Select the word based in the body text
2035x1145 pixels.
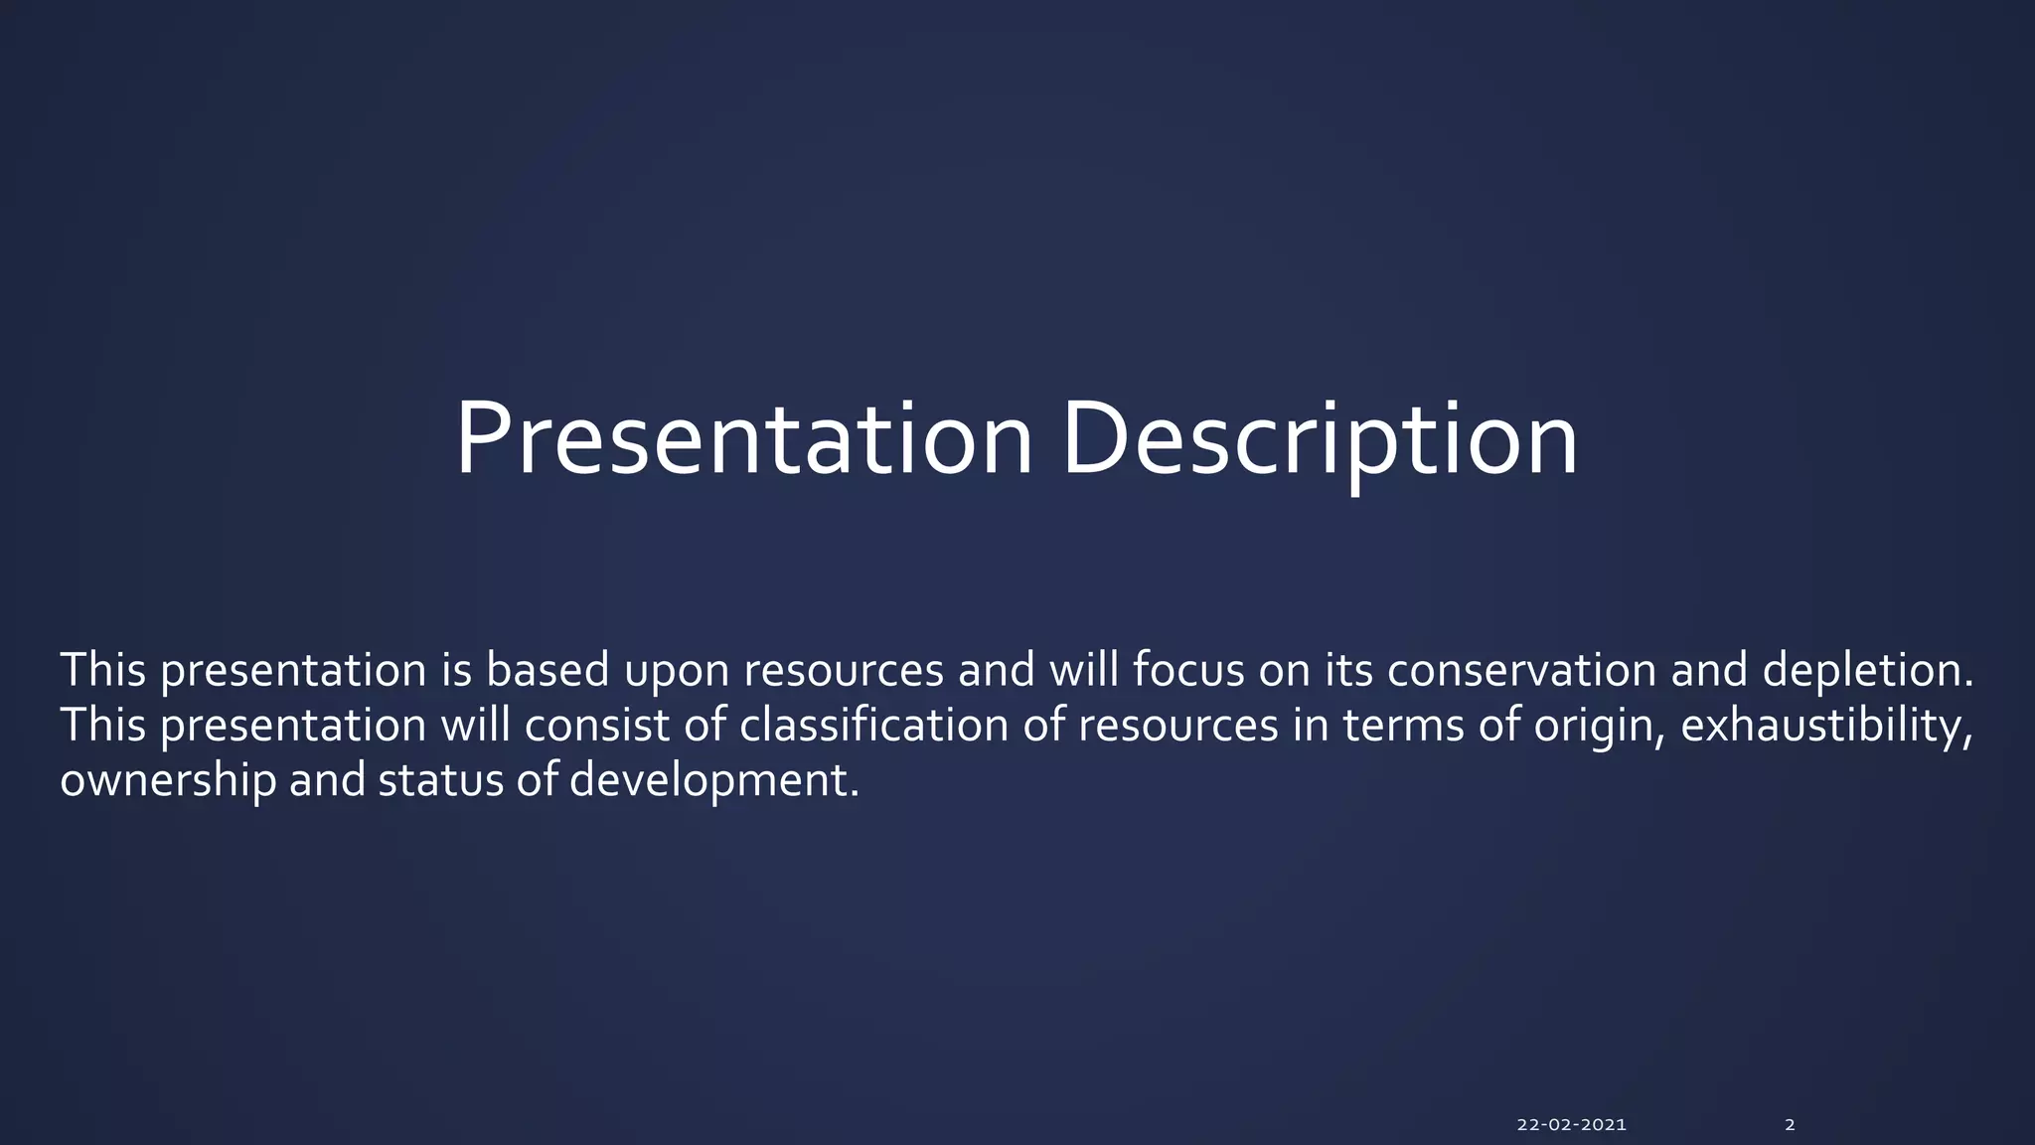(x=548, y=669)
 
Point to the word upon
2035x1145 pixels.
(x=677, y=674)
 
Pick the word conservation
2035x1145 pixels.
(x=1522, y=671)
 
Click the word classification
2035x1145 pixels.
(x=874, y=725)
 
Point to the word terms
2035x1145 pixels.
(x=1403, y=727)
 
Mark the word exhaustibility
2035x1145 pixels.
(x=1826, y=727)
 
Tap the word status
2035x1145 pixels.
(x=440, y=781)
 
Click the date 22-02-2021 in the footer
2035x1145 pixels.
(x=1572, y=1125)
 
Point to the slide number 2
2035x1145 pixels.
(x=1790, y=1125)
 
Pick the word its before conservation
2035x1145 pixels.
(x=1348, y=671)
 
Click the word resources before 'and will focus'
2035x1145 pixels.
(x=844, y=674)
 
